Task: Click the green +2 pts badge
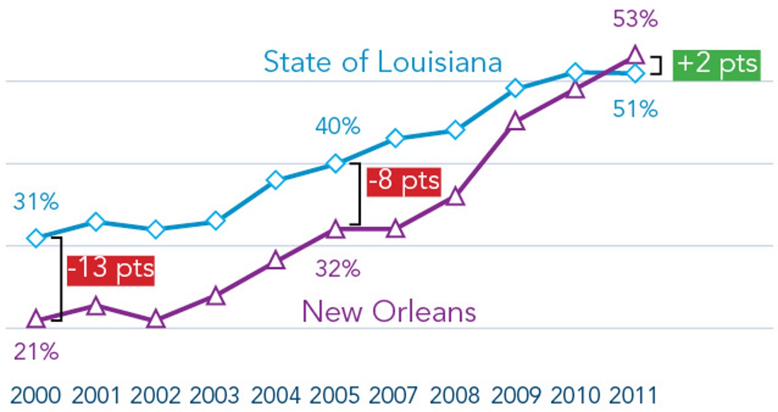(x=716, y=65)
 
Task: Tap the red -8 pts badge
(x=403, y=182)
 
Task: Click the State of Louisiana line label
(x=382, y=63)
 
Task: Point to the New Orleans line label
(x=389, y=312)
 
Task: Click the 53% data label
(x=635, y=20)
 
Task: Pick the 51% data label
(x=635, y=109)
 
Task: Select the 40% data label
(x=337, y=127)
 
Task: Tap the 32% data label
(x=337, y=270)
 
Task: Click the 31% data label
(x=36, y=202)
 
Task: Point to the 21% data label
(x=36, y=352)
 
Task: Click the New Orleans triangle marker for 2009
(x=516, y=122)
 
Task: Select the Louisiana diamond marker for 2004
(x=276, y=180)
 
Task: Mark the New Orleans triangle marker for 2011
(x=635, y=55)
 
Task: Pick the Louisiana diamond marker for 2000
(x=36, y=239)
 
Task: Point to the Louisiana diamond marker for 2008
(x=456, y=130)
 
